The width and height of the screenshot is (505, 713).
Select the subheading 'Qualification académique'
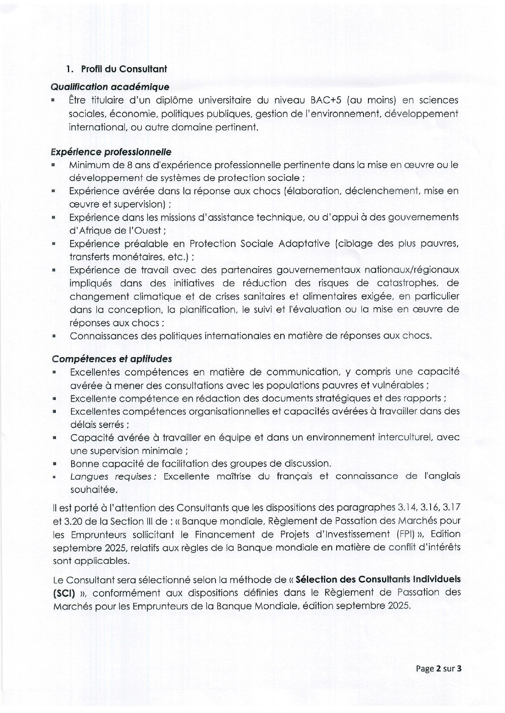(x=110, y=87)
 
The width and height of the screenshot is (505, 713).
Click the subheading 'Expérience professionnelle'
(x=111, y=152)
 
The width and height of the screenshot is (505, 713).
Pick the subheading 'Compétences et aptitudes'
(x=111, y=359)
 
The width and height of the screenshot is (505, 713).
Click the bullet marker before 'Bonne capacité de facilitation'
(x=54, y=464)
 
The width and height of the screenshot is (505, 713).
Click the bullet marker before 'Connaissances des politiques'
(x=54, y=336)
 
